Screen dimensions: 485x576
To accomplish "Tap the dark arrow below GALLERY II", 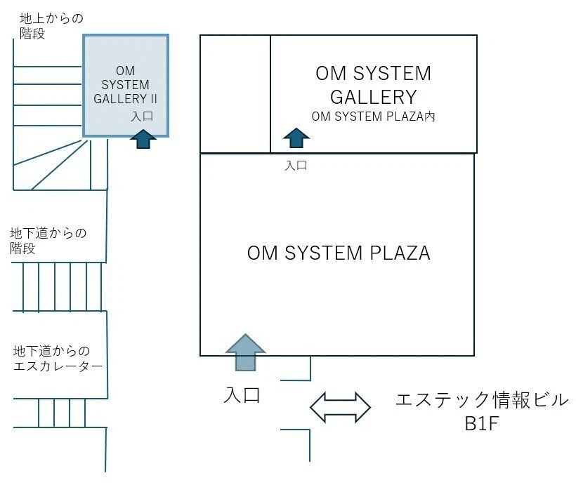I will point(143,139).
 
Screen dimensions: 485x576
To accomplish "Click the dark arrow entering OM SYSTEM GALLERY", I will point(296,138).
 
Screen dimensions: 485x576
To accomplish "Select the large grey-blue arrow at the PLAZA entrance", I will point(245,351).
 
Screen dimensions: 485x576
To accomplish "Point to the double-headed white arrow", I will point(341,407).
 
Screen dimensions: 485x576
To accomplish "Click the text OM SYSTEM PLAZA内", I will point(373,117).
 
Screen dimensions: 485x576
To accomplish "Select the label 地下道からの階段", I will point(48,240).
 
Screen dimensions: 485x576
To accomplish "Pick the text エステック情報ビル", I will point(481,401).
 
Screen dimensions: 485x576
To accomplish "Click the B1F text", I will point(481,425).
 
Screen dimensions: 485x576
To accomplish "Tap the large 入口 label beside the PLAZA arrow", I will point(242,394).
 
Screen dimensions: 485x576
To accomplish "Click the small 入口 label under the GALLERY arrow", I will point(296,166).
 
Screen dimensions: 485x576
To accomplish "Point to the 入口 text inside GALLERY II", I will point(142,117).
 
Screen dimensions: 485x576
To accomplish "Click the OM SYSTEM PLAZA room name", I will point(338,253).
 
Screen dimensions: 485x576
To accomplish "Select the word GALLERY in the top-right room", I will point(373,96).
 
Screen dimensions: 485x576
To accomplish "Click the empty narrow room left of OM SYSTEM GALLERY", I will point(235,93).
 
